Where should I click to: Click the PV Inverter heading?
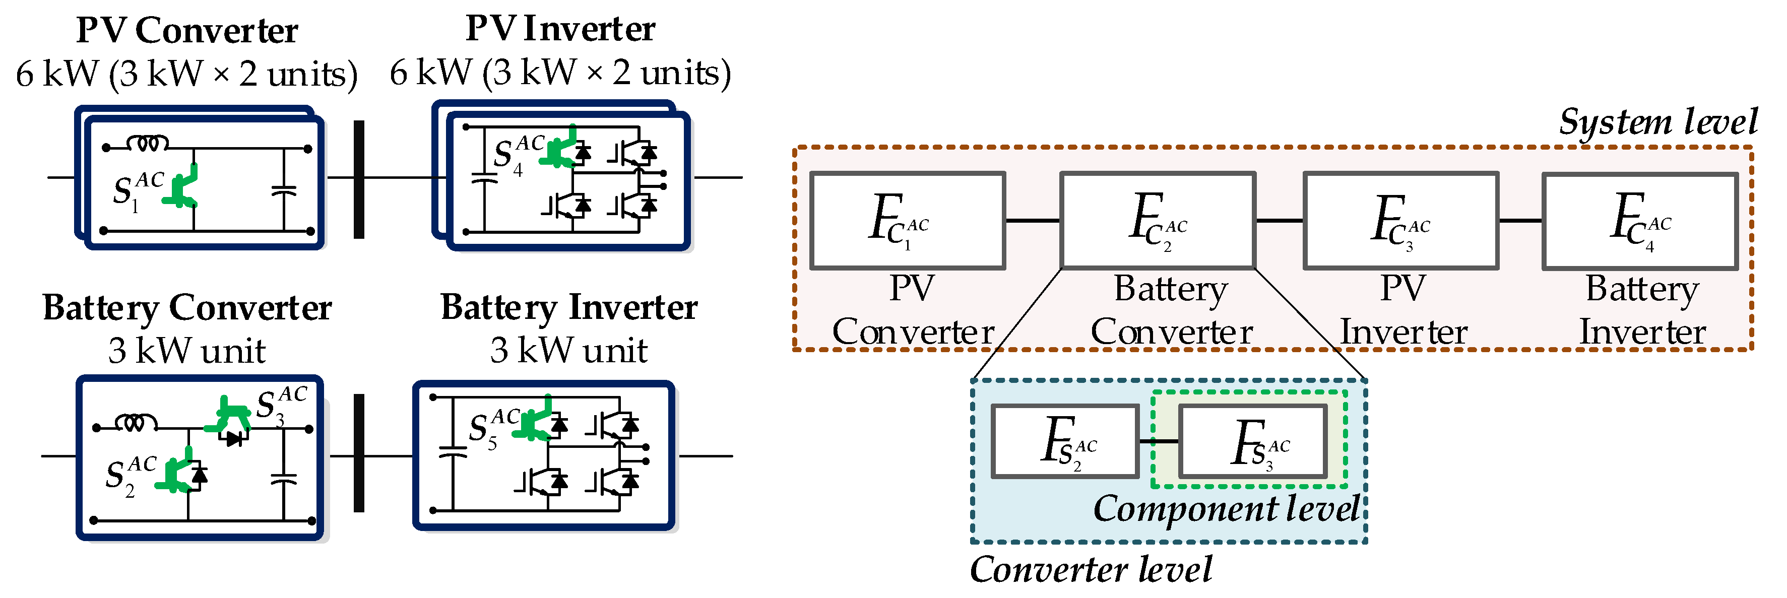click(560, 29)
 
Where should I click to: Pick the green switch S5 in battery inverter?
click(534, 421)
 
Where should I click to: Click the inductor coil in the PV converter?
click(148, 144)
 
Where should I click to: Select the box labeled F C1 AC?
click(908, 221)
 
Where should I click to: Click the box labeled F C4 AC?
click(1639, 221)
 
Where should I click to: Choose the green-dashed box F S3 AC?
click(1252, 442)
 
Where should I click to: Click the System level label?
click(1657, 122)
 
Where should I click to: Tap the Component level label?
click(1226, 508)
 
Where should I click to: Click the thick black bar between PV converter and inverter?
click(359, 179)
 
